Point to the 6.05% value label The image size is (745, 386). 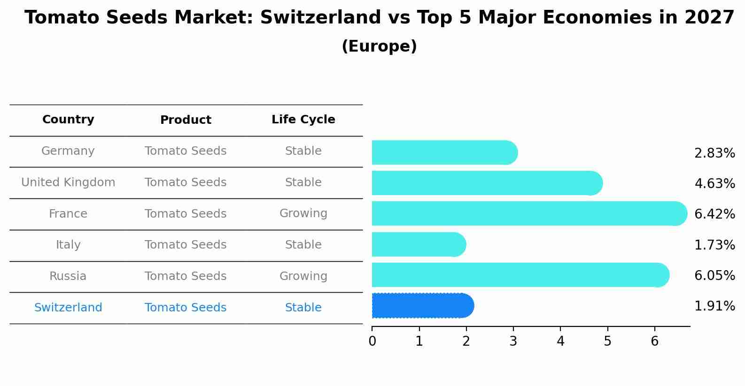click(x=714, y=275)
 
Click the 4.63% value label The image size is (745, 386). click(x=714, y=183)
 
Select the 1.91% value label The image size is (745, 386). click(x=714, y=306)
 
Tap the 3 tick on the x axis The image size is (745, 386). click(x=513, y=341)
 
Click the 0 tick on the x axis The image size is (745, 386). click(x=372, y=341)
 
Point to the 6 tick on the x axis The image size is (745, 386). click(x=654, y=341)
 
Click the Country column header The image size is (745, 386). click(x=68, y=120)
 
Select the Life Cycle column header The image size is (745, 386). click(x=303, y=120)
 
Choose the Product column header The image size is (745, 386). click(x=186, y=120)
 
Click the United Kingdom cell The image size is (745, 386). click(x=68, y=182)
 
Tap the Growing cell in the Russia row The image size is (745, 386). click(x=303, y=276)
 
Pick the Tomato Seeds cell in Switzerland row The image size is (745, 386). click(x=186, y=308)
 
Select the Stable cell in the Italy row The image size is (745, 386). click(x=303, y=245)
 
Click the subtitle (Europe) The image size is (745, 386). click(x=379, y=46)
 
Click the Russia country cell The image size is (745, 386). click(x=68, y=276)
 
